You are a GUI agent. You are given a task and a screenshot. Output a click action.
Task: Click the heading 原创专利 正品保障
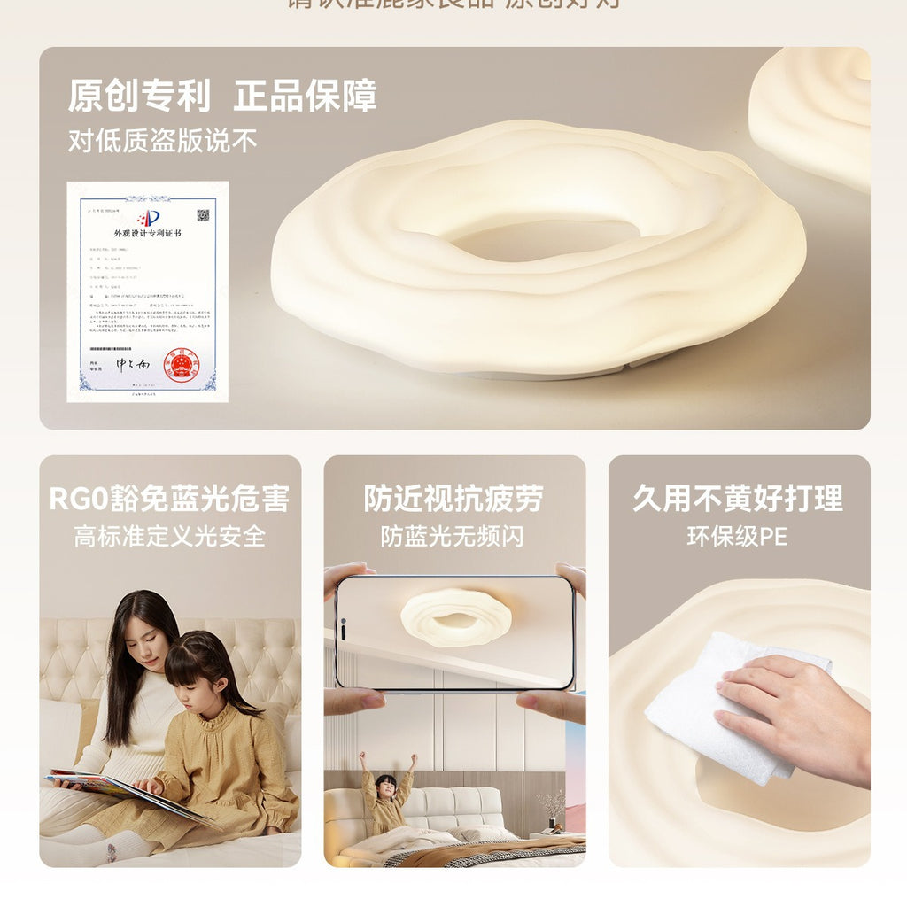tap(221, 96)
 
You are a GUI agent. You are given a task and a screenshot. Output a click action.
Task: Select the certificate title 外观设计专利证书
tap(147, 234)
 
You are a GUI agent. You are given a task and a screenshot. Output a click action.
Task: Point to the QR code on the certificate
tap(203, 215)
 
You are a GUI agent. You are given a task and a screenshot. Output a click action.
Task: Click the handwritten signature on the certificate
tap(134, 364)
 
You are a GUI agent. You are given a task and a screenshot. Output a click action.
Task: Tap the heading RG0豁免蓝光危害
tap(169, 499)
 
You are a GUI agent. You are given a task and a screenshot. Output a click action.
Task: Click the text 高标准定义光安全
tap(169, 536)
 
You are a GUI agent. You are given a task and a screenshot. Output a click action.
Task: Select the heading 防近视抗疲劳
tap(453, 499)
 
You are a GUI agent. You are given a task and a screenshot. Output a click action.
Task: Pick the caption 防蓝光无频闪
tap(453, 536)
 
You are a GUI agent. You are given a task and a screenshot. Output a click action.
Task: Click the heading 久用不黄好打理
tap(738, 499)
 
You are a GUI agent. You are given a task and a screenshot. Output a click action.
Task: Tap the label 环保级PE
tap(738, 536)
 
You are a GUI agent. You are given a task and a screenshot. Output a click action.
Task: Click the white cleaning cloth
tap(717, 709)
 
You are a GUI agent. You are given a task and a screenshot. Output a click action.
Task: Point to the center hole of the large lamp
tap(545, 237)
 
